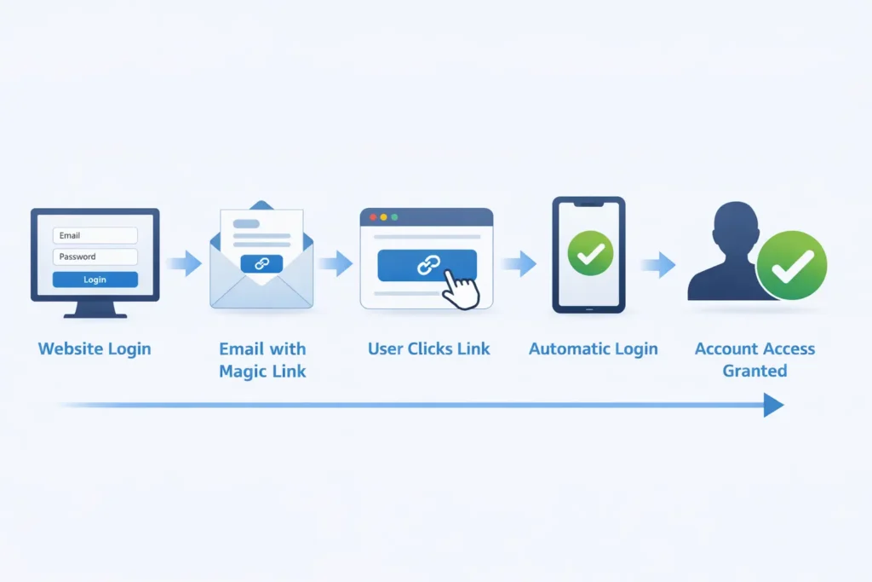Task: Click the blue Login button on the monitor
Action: (95, 279)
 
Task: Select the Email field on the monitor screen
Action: (95, 235)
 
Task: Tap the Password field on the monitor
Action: (95, 256)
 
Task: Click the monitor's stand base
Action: (95, 314)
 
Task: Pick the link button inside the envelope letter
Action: (261, 263)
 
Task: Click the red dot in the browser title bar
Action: (372, 217)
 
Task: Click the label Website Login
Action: (95, 349)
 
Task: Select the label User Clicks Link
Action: (428, 349)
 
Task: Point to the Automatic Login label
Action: (593, 349)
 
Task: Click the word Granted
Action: (754, 371)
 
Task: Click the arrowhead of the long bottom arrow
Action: (772, 405)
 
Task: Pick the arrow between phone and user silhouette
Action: (658, 265)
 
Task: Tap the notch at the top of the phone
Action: (588, 205)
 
